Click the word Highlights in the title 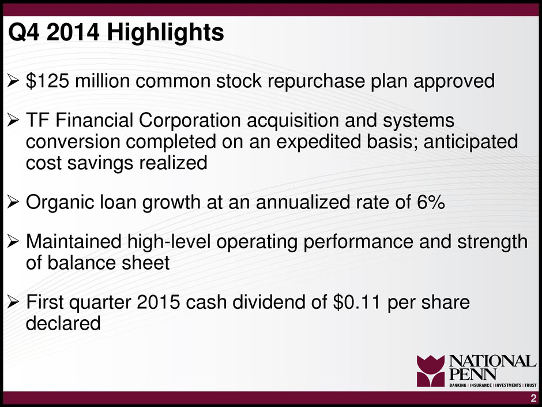165,33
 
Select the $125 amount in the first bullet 47,81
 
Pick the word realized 173,162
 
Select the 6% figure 431,202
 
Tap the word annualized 303,202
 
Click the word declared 63,323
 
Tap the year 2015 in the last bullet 159,302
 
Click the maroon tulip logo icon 431,371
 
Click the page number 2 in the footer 534,398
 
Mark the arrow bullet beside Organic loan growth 13,202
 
